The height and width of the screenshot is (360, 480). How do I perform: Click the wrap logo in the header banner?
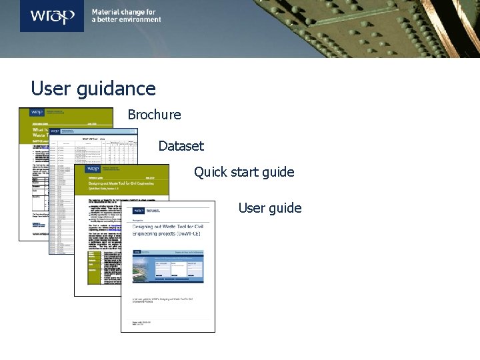(x=51, y=16)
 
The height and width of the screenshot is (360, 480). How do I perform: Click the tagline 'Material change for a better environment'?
(x=126, y=16)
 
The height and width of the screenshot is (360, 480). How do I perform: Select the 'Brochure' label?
(x=154, y=115)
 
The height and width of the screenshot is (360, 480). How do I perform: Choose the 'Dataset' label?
(x=181, y=145)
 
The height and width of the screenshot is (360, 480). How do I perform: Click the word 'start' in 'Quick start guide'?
(x=244, y=172)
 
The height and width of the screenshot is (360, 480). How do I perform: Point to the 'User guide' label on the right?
(x=269, y=208)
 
